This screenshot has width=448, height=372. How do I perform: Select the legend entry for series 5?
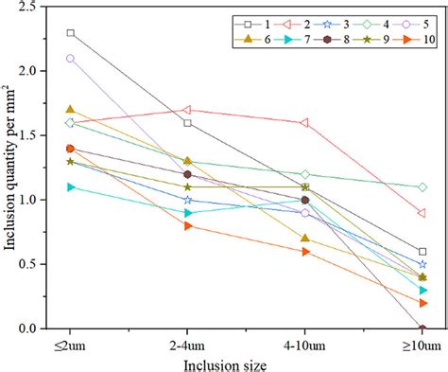407,21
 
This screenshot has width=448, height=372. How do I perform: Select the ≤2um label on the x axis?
71,344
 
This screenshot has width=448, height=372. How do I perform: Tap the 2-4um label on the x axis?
188,344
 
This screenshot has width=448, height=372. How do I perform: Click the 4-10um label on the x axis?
304,344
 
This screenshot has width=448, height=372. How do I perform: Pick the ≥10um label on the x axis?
422,344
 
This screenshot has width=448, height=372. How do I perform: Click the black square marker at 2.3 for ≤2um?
71,32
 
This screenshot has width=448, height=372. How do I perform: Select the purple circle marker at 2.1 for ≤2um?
71,58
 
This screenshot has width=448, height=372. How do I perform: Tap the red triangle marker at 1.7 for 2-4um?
188,110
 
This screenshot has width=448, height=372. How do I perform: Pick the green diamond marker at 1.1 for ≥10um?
422,186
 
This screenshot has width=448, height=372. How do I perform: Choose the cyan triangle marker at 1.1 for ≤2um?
71,186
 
